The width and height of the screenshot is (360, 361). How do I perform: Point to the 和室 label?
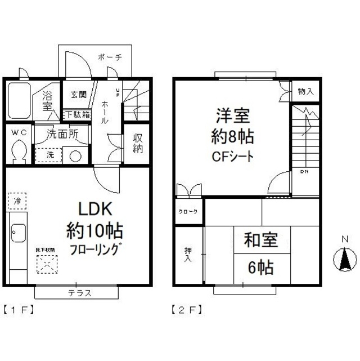[x=260, y=241]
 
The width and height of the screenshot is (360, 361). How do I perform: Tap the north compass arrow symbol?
[x=345, y=260]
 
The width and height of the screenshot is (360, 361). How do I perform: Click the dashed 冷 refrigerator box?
[x=17, y=200]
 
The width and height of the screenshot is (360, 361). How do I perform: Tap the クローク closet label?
[x=188, y=211]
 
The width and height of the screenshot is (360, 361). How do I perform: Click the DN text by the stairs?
[x=304, y=171]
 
